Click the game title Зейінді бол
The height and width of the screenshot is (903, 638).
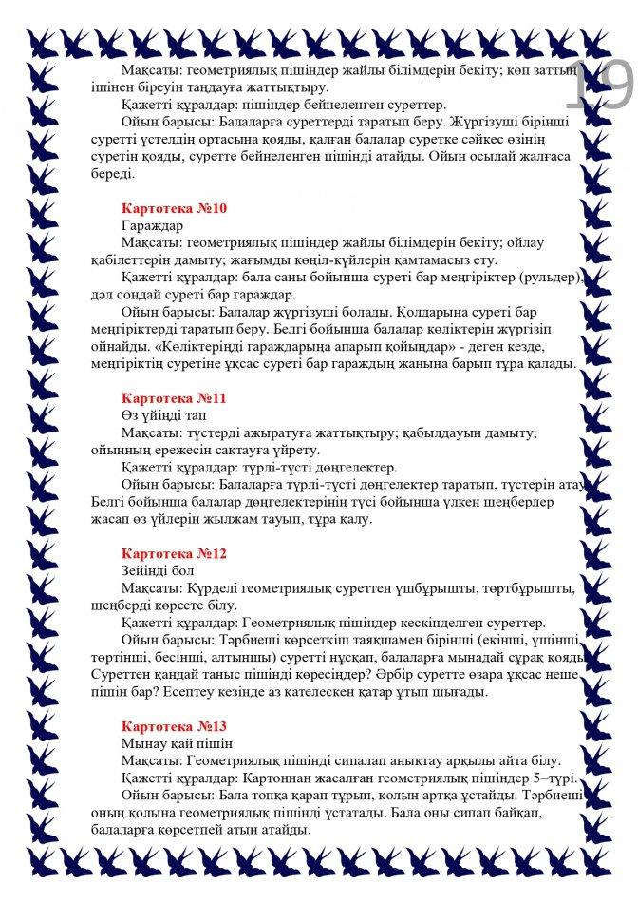pyautogui.click(x=158, y=570)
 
